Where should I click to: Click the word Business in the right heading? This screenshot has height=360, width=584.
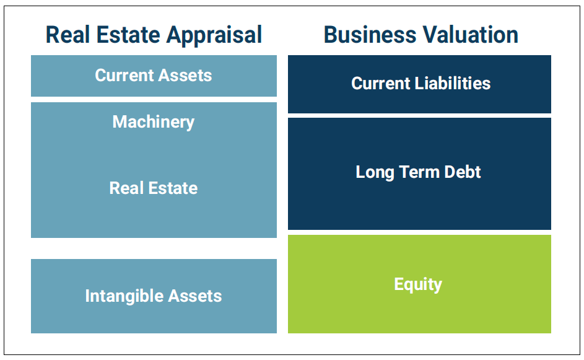[370, 35]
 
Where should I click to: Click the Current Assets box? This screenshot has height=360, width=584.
[154, 76]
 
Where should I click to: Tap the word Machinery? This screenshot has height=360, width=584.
[154, 122]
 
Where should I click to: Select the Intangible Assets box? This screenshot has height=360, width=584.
[154, 296]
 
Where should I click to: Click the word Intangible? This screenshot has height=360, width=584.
[124, 297]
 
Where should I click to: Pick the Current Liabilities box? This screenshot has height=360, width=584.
[419, 84]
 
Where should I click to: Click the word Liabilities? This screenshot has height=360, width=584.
[453, 83]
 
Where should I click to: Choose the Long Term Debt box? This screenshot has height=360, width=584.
[419, 173]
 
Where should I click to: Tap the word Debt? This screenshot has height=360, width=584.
[463, 172]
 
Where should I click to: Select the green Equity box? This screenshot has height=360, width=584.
[419, 284]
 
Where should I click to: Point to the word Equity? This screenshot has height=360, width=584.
[418, 285]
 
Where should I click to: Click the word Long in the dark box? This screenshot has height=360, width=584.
[375, 173]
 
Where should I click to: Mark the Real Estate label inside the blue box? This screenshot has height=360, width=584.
[154, 188]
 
